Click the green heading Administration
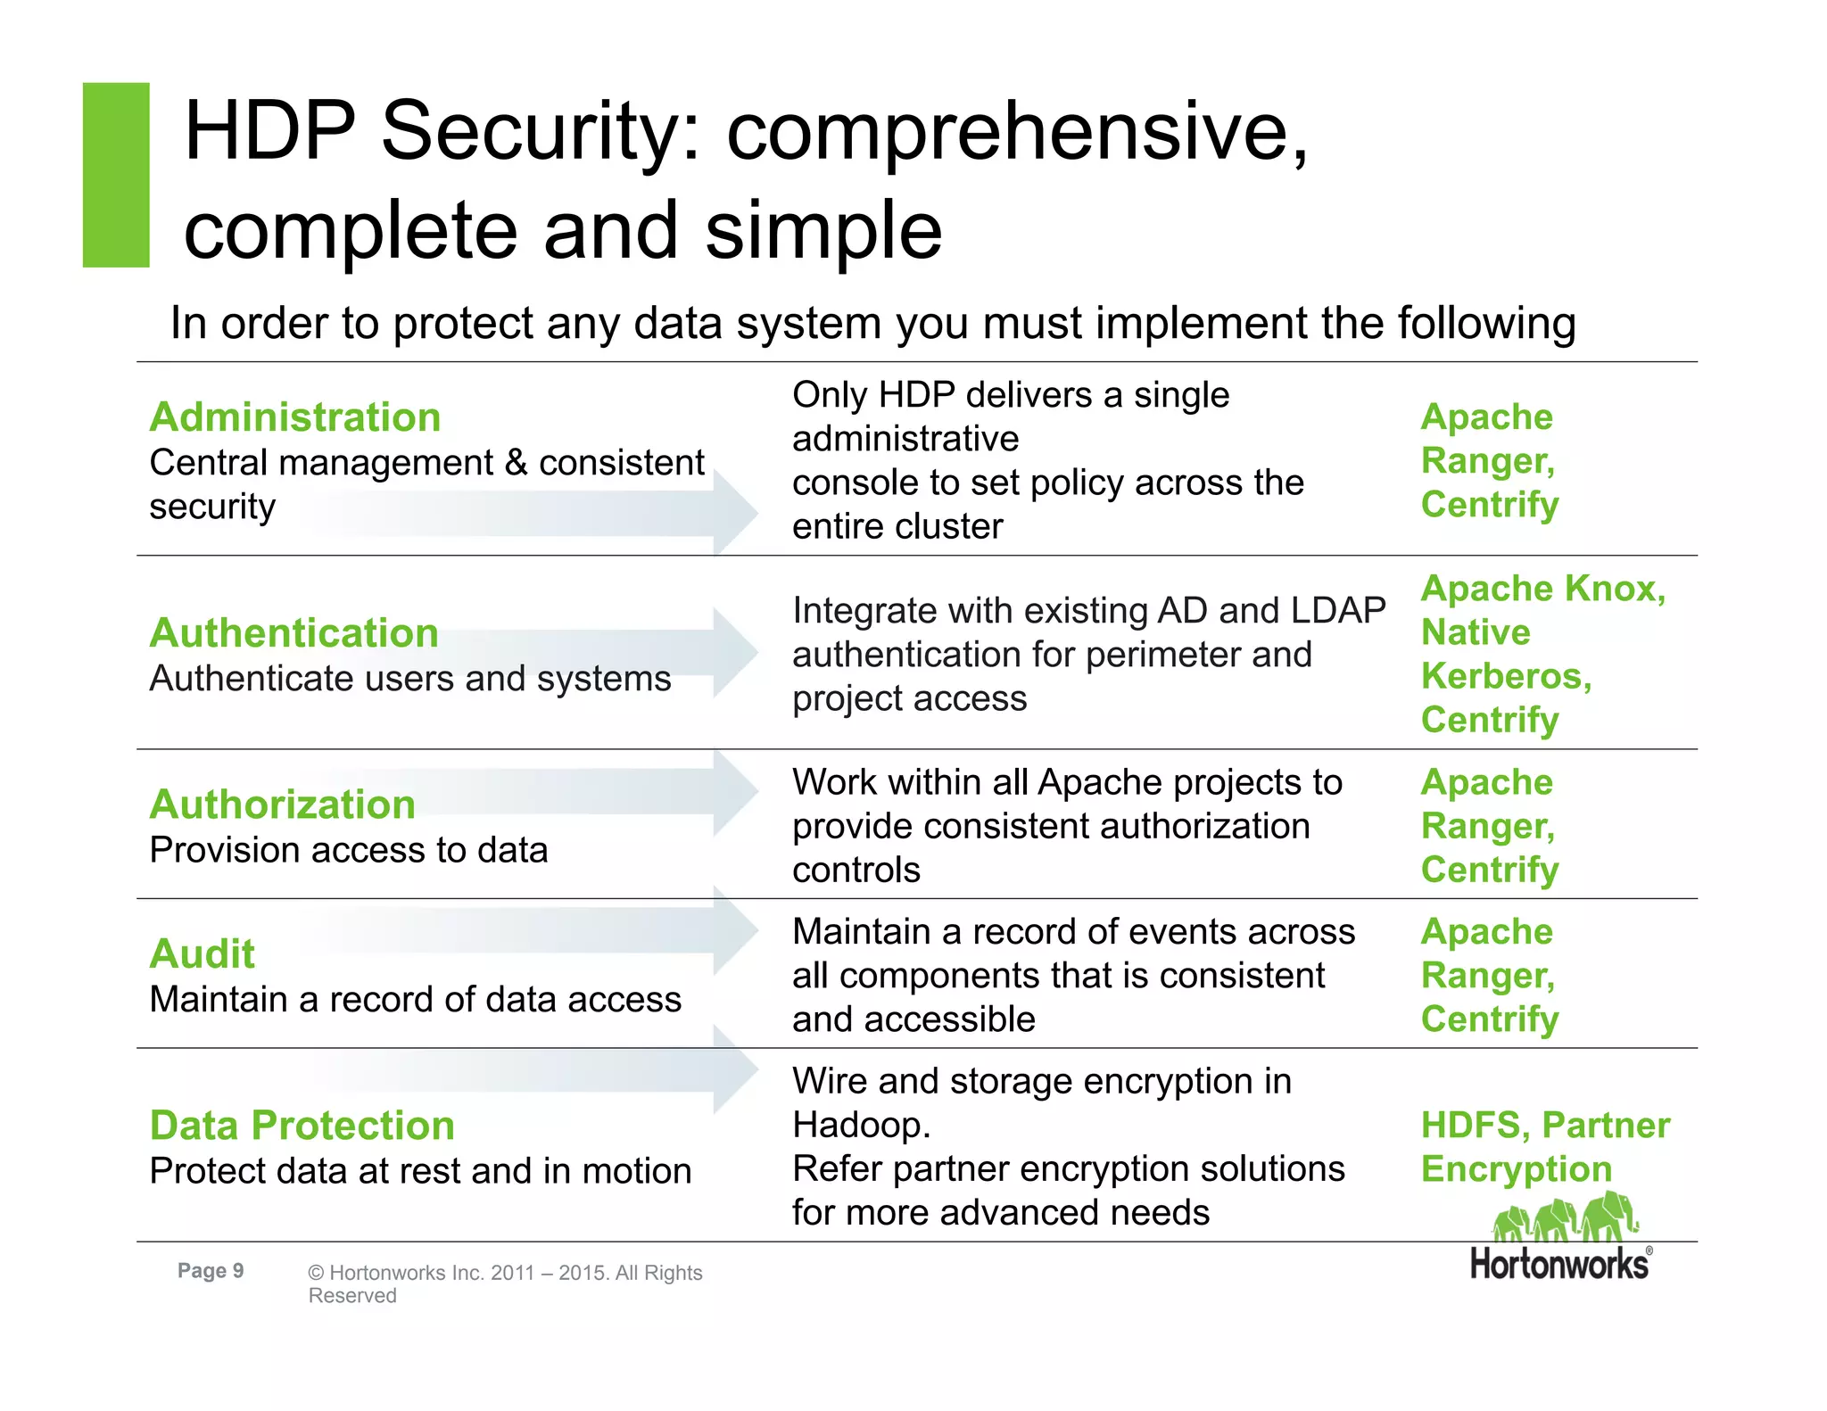click(x=295, y=417)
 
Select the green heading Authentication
click(x=294, y=633)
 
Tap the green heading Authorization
click(x=283, y=805)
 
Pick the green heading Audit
click(x=203, y=954)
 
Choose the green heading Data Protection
click(x=302, y=1126)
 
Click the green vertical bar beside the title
click(x=116, y=175)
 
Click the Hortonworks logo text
click(x=1560, y=1265)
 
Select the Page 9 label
click(x=211, y=1271)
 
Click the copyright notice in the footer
click(x=505, y=1283)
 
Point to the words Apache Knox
click(x=1543, y=589)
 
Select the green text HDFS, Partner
click(x=1545, y=1126)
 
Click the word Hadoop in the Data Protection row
click(x=860, y=1126)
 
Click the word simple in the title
click(x=823, y=230)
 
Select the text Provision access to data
click(x=349, y=850)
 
